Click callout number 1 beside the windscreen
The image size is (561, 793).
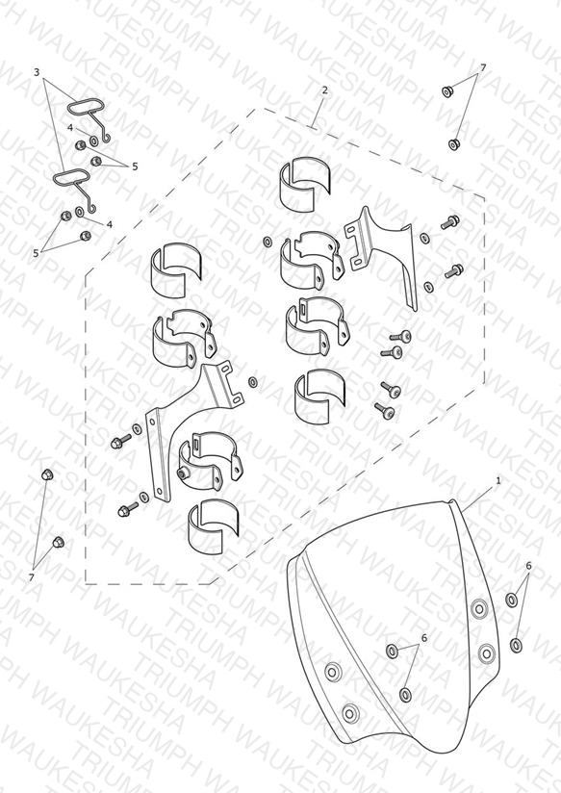click(497, 480)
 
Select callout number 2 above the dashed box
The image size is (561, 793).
click(324, 90)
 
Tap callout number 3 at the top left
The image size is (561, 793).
click(37, 72)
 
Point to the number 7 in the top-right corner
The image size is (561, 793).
click(483, 67)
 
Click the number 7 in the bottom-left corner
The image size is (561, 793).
click(32, 577)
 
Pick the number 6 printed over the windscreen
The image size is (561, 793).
click(424, 638)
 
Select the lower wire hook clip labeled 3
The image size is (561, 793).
click(76, 189)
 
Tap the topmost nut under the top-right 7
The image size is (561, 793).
click(447, 91)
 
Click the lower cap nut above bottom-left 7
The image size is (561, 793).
click(59, 542)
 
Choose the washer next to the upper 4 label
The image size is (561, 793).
click(94, 141)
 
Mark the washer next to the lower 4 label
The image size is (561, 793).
click(80, 212)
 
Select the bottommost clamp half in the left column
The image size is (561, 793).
click(213, 526)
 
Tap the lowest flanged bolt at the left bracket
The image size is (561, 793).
click(128, 508)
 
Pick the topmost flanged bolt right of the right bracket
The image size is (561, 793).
click(450, 221)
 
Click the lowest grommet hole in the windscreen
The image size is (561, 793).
click(349, 713)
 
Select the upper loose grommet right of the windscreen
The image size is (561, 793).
click(511, 600)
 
